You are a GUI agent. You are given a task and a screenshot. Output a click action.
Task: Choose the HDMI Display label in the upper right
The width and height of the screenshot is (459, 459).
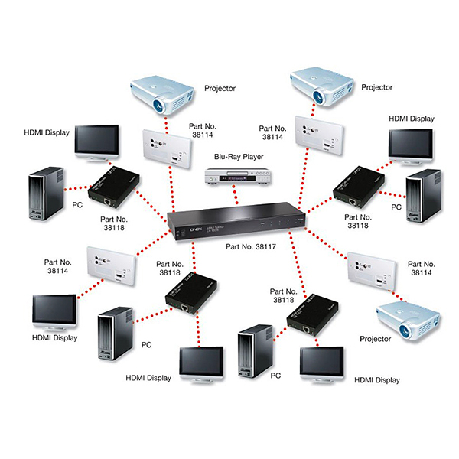(411, 119)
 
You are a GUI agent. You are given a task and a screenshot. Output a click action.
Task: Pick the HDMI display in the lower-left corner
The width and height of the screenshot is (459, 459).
(54, 314)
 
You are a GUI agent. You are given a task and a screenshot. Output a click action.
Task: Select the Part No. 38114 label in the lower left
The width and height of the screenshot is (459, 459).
(62, 265)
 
